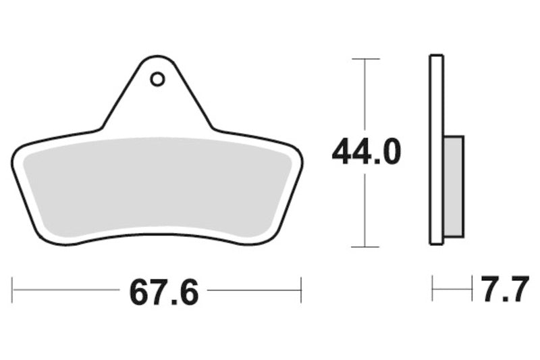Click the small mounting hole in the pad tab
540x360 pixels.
point(157,80)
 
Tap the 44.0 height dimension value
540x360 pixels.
point(366,151)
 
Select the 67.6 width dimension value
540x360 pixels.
point(164,292)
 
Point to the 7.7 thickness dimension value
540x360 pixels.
point(505,288)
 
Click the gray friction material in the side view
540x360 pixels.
point(454,186)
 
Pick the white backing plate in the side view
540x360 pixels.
point(436,149)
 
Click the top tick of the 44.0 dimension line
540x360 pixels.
point(365,59)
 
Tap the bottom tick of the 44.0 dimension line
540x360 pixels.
point(365,247)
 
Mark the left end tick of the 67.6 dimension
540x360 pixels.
point(12,290)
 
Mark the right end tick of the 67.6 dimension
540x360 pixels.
point(301,290)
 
